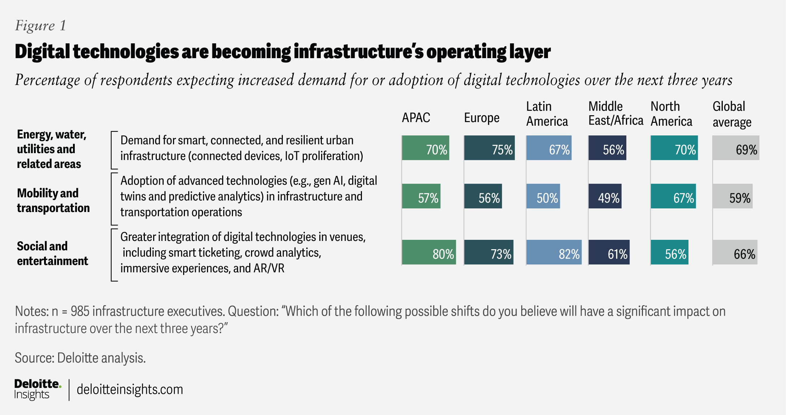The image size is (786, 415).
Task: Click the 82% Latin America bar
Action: click(x=554, y=252)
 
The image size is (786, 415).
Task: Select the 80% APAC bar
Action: click(x=429, y=252)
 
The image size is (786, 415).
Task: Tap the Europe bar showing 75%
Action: click(x=489, y=148)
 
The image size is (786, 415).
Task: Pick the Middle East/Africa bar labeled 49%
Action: click(x=605, y=196)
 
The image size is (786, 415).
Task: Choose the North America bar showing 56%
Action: click(x=670, y=252)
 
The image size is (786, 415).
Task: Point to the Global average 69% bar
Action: click(x=736, y=148)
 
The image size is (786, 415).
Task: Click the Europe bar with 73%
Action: click(x=489, y=252)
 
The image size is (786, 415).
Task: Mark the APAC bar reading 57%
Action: click(x=421, y=196)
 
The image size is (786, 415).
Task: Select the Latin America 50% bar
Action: click(x=543, y=196)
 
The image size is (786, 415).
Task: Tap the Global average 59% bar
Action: click(x=733, y=196)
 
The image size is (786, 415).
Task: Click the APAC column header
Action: click(x=416, y=118)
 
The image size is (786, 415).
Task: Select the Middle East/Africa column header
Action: click(x=616, y=113)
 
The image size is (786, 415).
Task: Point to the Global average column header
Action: click(x=732, y=114)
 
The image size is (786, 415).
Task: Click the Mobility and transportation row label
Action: click(x=53, y=200)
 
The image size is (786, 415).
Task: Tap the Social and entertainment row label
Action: click(x=52, y=253)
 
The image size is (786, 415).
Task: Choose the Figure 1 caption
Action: click(x=40, y=26)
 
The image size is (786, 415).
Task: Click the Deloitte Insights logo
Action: click(x=38, y=389)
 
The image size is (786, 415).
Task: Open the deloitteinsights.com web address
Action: click(x=130, y=389)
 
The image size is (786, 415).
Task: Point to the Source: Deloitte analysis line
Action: click(x=80, y=358)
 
